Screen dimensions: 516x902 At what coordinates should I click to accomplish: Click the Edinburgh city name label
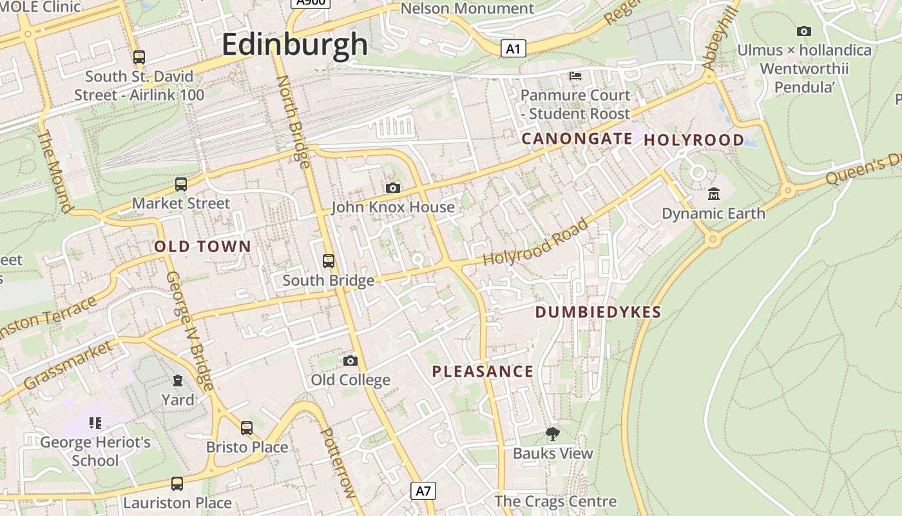pos(295,45)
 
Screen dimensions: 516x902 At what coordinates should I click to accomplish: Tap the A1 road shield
pos(513,48)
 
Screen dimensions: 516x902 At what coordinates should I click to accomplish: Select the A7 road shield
pos(423,491)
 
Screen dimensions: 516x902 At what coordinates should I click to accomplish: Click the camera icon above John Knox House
pos(392,188)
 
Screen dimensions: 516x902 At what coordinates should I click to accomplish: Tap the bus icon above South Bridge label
pos(329,261)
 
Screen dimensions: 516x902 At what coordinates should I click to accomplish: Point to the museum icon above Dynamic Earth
pos(714,193)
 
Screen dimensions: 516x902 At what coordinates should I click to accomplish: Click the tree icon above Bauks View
pos(552,434)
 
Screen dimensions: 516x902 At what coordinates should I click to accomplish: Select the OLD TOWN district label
pos(202,246)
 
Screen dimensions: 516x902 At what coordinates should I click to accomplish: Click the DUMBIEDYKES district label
pos(598,313)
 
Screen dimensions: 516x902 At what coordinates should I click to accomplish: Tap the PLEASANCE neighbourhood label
pos(483,372)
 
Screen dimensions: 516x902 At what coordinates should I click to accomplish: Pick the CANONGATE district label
pos(577,139)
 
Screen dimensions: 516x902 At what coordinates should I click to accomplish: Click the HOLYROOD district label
pos(694,140)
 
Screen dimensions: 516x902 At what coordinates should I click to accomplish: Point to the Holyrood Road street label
pos(535,243)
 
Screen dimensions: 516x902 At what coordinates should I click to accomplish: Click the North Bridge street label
pos(294,121)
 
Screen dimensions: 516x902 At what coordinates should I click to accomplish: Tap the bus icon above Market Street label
pos(181,184)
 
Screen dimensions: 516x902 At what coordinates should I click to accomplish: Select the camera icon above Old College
pos(350,361)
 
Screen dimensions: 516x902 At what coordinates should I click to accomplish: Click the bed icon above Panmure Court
pos(575,76)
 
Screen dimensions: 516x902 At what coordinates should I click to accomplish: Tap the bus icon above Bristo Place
pos(247,428)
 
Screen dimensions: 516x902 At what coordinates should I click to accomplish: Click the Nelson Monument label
pos(467,8)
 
